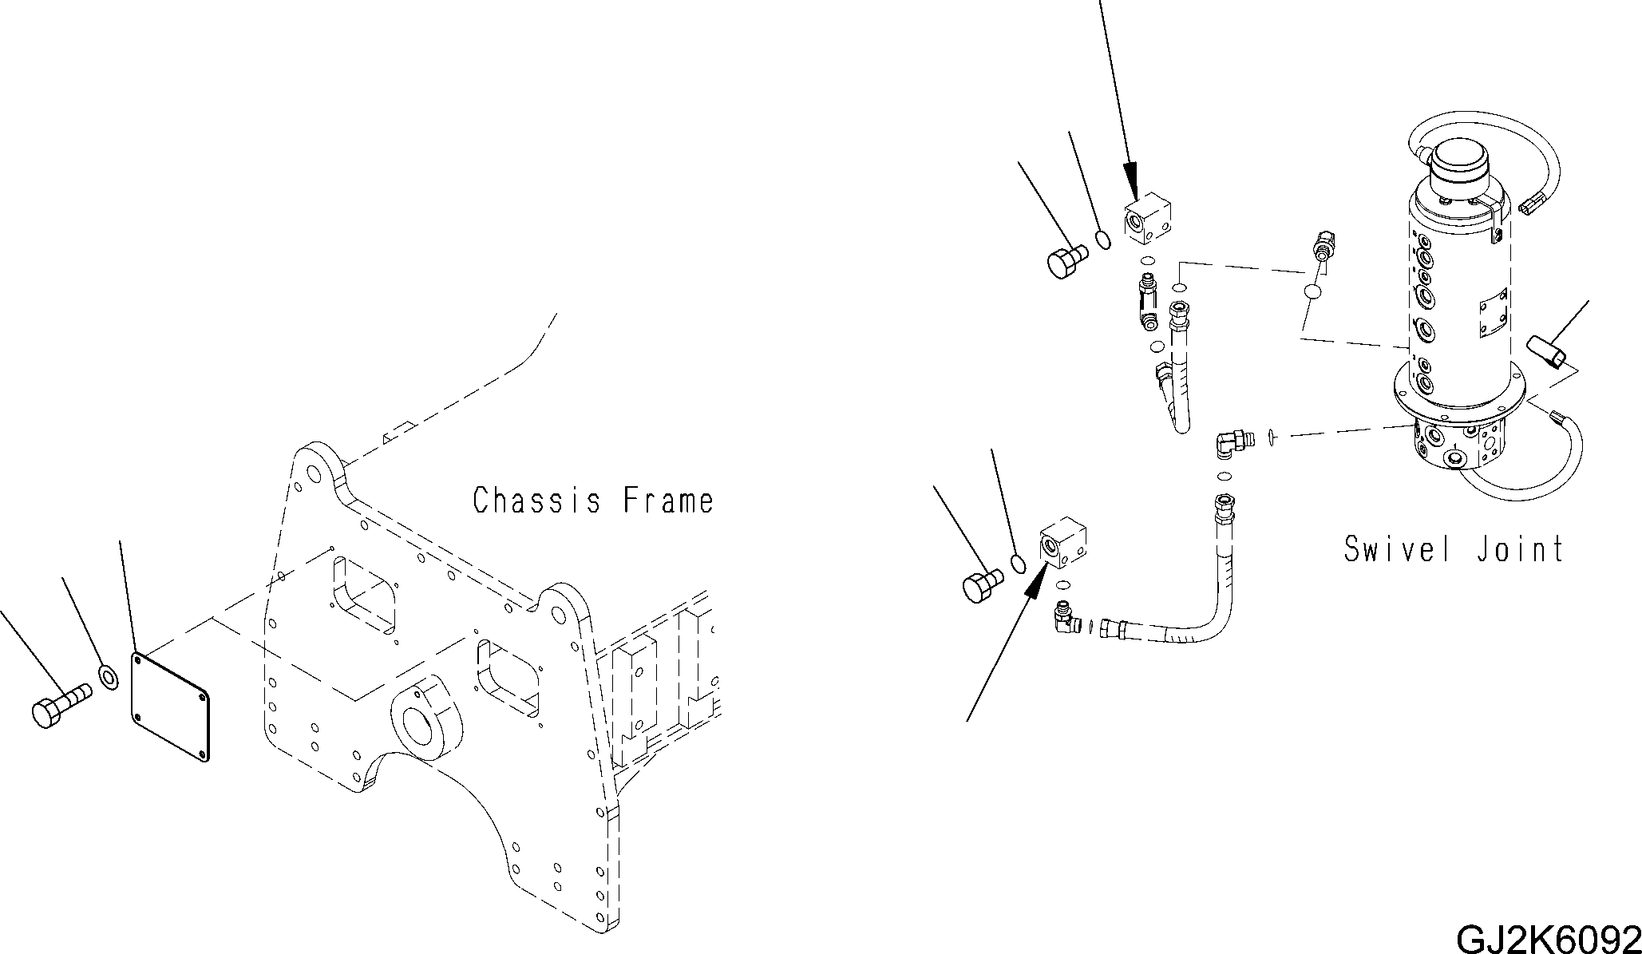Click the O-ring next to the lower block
(1017, 564)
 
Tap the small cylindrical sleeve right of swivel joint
(1547, 353)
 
